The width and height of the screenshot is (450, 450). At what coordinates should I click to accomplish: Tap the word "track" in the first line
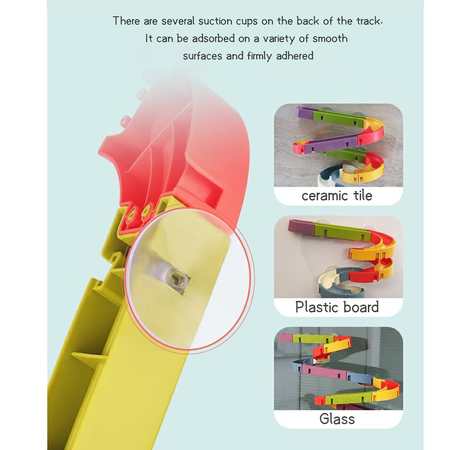(x=369, y=21)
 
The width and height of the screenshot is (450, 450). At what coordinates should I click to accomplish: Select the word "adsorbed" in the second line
(x=213, y=39)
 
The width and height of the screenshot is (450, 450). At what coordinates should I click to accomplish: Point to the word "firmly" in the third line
(x=260, y=56)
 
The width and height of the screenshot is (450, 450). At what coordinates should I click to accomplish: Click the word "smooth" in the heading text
(x=330, y=39)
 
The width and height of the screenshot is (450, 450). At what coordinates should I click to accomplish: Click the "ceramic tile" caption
(x=337, y=196)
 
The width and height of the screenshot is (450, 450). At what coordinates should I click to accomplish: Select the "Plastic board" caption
(x=337, y=307)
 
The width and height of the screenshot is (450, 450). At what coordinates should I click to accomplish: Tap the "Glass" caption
(x=337, y=419)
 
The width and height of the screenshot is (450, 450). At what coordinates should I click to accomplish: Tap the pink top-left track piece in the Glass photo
(x=285, y=337)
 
